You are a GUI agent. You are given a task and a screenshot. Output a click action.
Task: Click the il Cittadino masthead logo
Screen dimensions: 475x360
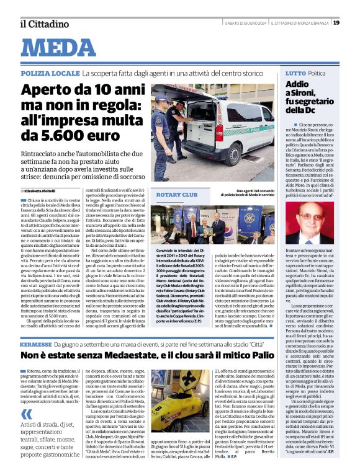40,24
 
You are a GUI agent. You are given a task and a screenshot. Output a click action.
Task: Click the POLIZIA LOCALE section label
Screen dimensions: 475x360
49,73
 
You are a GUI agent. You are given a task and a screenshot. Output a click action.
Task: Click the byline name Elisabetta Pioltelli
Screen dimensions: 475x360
47,191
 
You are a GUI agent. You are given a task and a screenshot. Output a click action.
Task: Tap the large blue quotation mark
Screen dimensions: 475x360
27,414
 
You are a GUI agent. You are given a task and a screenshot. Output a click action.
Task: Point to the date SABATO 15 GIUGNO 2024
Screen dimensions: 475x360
244,23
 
